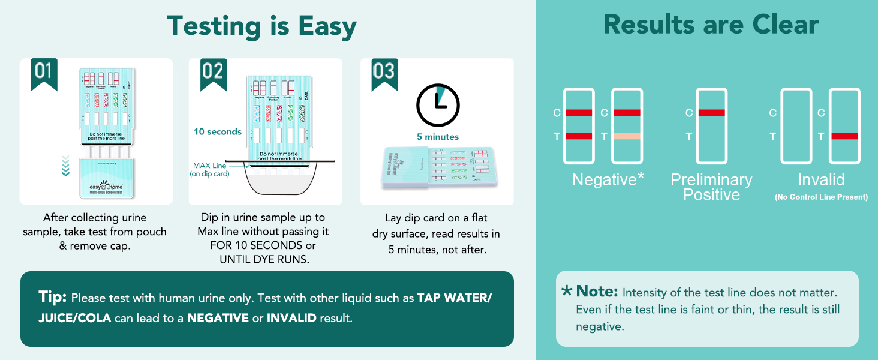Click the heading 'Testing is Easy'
pos(262,26)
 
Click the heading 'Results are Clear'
pos(711,25)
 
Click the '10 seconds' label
pos(217,131)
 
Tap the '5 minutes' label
pos(438,137)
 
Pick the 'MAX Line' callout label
pos(209,166)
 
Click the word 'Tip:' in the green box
pos(53,297)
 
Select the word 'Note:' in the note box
pos(597,292)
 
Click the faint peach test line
pos(627,136)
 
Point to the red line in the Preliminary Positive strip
pos(712,113)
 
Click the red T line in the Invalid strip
pos(844,136)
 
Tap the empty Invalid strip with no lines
pos(796,126)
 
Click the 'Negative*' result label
pos(608,179)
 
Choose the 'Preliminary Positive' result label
pos(711,187)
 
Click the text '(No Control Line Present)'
pos(820,197)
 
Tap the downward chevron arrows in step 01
pos(65,163)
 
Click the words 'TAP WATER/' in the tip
pos(454,298)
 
